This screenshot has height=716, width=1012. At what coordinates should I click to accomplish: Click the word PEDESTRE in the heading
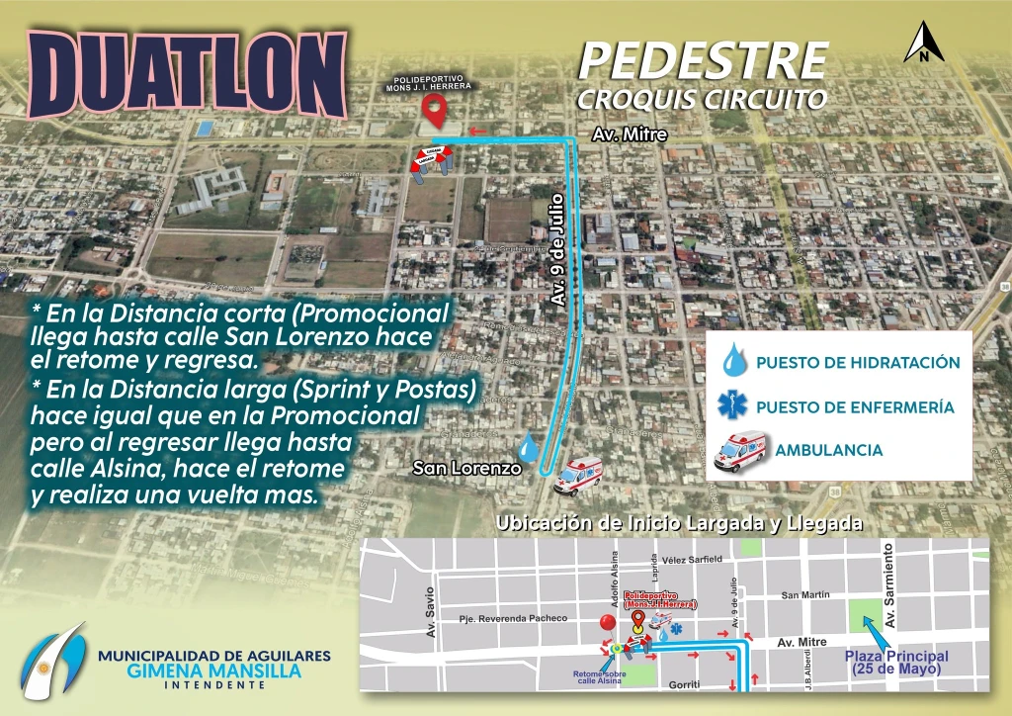pos(703,61)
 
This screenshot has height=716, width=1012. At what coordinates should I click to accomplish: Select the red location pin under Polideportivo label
pos(432,109)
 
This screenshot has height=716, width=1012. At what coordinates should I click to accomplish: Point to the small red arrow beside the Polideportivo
pos(478,131)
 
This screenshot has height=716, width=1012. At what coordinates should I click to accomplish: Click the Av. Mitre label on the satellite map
pos(630,134)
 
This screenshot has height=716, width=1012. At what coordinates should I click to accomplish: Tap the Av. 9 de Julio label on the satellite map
pos(557,253)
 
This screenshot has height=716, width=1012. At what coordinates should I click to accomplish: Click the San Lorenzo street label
pos(466,468)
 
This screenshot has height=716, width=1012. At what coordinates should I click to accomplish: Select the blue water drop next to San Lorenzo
pos(531,449)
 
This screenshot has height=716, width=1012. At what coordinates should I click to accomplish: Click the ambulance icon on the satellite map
pos(578,477)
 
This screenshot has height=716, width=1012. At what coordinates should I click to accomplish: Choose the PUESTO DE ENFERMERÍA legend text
pos(854,406)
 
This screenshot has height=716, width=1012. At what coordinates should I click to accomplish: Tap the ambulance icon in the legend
pos(739,450)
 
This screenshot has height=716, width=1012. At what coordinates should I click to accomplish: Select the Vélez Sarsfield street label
pos(701,560)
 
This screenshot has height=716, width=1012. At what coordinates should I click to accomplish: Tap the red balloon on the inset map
pos(605,622)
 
